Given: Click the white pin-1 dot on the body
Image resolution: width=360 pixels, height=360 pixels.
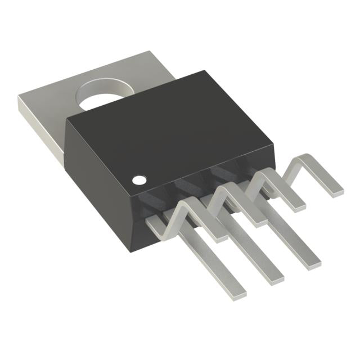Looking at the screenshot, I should (x=138, y=180).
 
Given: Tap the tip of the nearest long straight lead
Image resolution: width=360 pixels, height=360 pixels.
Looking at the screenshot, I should (x=240, y=290).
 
